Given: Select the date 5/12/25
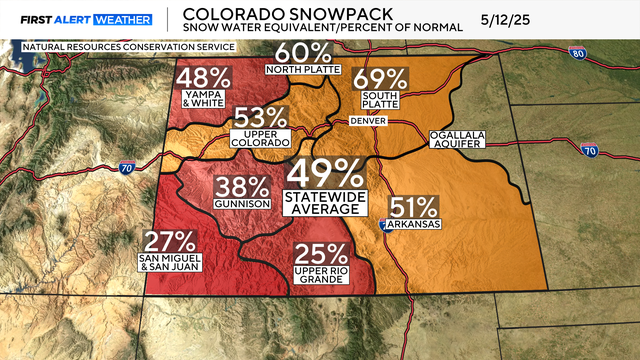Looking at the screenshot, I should [537, 19].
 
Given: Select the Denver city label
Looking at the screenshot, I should [367, 121].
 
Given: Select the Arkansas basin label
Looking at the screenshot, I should [415, 227].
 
